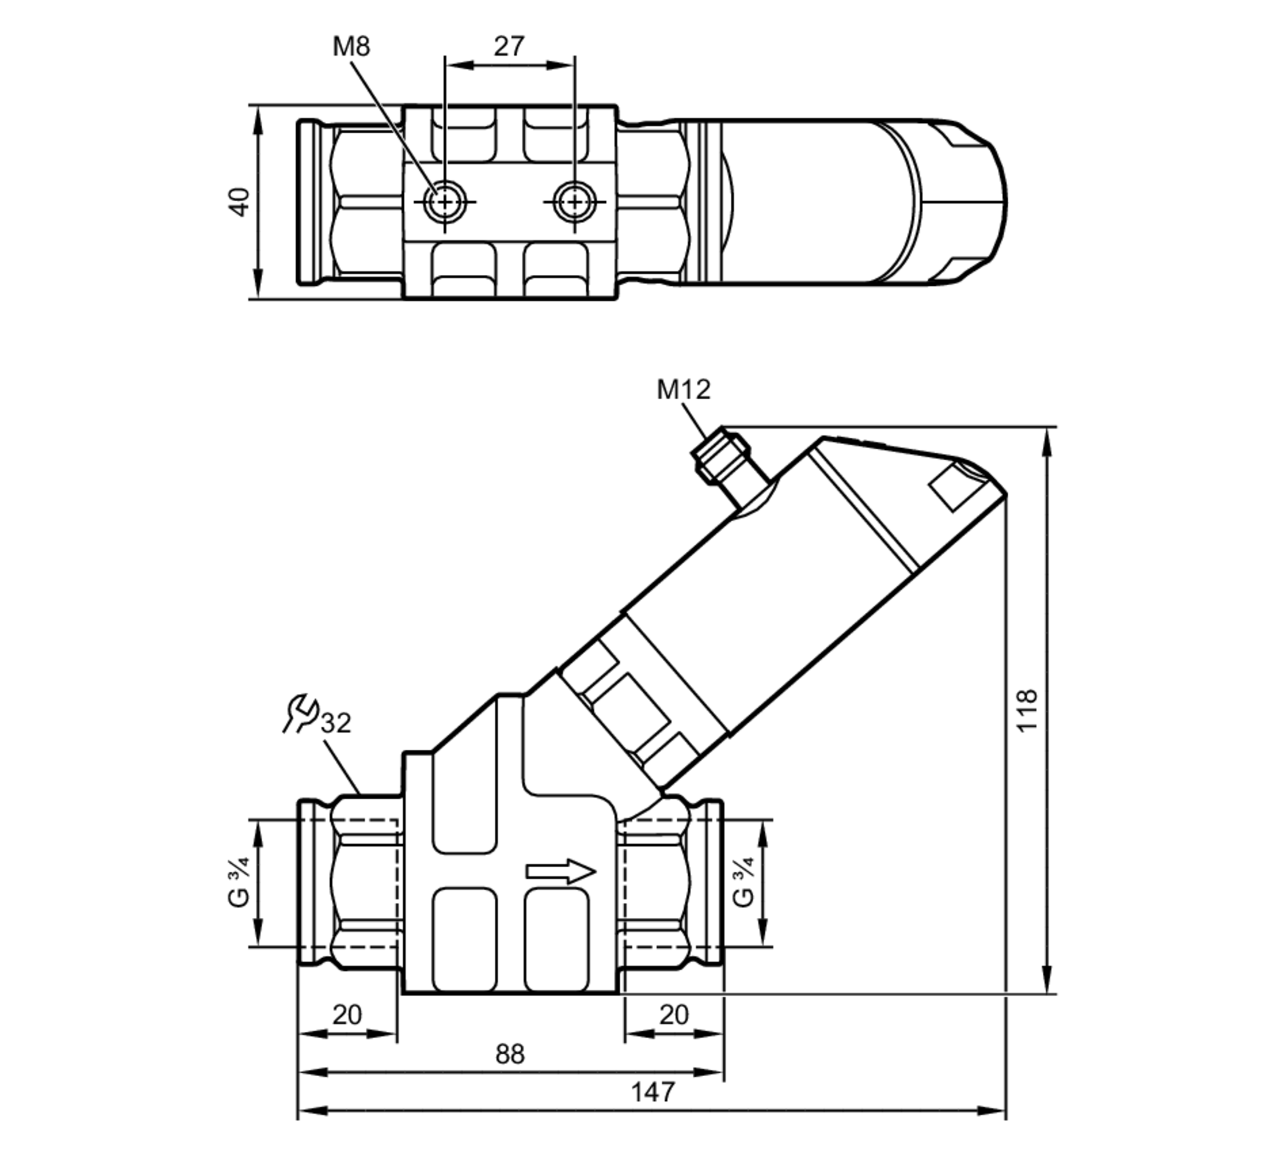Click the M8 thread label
coord(351,47)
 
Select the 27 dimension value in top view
coord(509,46)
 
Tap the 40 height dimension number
coord(239,202)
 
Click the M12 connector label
coord(683,390)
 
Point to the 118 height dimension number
coord(1026,710)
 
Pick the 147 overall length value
coord(653,1091)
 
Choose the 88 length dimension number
coord(510,1054)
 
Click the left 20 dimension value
coord(347,1015)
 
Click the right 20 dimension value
coord(674,1015)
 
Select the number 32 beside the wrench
coord(336,723)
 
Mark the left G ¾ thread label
coord(238,883)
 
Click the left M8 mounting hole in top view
coord(445,203)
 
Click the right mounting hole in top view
coord(574,203)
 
